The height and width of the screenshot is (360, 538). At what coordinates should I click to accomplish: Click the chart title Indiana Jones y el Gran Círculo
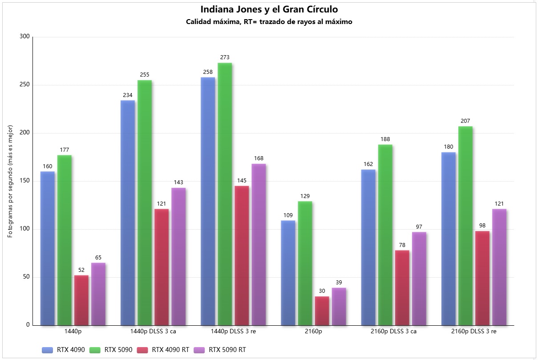coord(269,9)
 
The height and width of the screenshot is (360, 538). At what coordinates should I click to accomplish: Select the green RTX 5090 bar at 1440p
coord(65,240)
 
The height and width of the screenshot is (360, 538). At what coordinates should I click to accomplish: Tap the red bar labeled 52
coord(81,300)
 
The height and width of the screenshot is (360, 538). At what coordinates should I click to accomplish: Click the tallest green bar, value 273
coord(225,194)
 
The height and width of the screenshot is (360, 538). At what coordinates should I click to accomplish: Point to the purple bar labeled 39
coord(339,307)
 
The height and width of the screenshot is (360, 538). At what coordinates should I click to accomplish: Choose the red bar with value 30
coord(322,311)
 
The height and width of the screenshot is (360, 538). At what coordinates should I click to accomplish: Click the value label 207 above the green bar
coord(465,121)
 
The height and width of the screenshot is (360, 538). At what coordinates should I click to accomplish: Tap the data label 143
coord(178,182)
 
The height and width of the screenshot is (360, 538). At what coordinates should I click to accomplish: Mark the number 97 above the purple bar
coord(419,227)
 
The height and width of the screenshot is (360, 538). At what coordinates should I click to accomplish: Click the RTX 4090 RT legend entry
coord(163,350)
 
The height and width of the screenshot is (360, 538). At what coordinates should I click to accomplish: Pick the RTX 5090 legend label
coord(118,350)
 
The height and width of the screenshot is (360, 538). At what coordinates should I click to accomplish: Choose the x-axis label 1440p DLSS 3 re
coord(233,332)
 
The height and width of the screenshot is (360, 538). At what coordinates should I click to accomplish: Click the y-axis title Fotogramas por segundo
coord(10,181)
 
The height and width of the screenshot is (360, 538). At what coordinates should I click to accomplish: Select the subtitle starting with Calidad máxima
coord(269,22)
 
